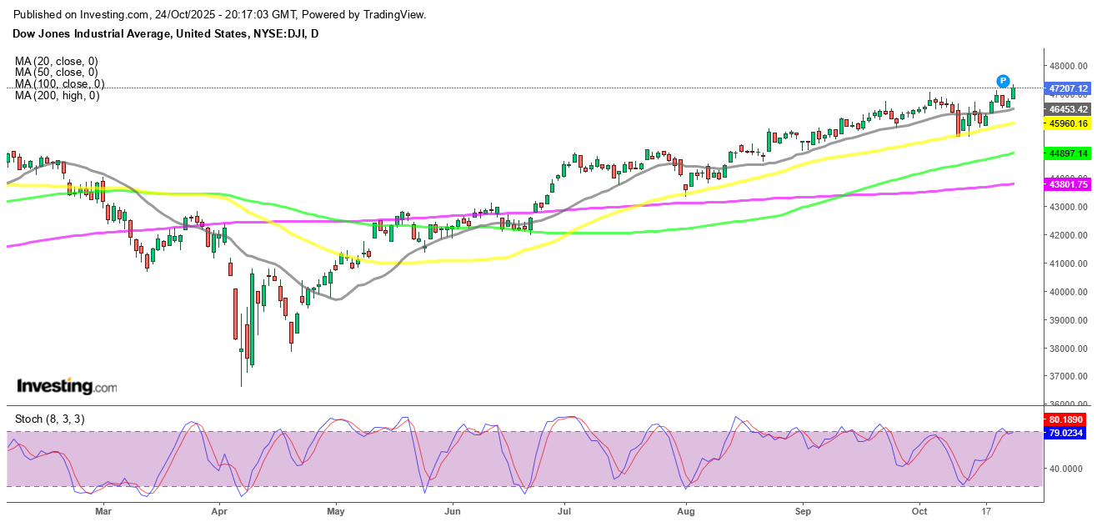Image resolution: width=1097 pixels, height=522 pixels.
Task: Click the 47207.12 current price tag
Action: click(1069, 88)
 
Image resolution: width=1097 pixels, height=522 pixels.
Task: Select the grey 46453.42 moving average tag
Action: click(1069, 109)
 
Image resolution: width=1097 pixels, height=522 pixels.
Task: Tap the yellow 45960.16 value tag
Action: click(1069, 123)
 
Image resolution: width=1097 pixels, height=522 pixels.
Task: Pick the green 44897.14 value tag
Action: click(1069, 153)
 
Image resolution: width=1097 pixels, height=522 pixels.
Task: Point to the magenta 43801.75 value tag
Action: click(1069, 184)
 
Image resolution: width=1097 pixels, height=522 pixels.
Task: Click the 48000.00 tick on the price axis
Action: click(1069, 66)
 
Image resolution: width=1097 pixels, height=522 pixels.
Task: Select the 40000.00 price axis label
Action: click(1069, 292)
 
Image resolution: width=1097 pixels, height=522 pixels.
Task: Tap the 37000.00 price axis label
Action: click(1069, 377)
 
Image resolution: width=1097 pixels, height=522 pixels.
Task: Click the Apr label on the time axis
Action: click(219, 509)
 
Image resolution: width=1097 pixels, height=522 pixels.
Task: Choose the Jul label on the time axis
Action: click(564, 509)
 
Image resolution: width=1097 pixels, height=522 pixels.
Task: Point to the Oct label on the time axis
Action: click(919, 509)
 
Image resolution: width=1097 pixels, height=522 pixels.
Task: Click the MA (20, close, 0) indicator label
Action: click(57, 61)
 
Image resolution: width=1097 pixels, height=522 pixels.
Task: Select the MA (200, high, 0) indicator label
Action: click(57, 96)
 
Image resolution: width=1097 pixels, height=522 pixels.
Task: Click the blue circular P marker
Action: click(1002, 81)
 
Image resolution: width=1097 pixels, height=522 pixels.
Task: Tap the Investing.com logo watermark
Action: click(68, 387)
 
